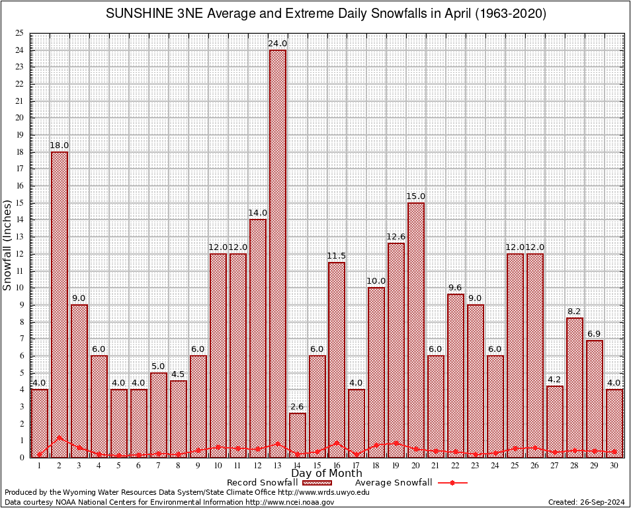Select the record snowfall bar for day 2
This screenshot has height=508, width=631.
(60, 304)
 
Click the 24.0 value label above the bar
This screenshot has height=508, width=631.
(277, 44)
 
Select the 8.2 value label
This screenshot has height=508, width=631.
(575, 312)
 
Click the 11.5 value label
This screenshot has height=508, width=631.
(337, 256)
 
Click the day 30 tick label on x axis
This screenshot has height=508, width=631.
(614, 466)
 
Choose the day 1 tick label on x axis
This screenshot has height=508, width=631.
(40, 466)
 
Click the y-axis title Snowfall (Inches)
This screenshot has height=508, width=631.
(7, 245)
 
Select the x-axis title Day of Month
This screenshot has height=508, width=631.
(327, 474)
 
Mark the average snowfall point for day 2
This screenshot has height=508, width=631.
(60, 437)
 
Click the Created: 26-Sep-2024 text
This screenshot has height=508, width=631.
(586, 502)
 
